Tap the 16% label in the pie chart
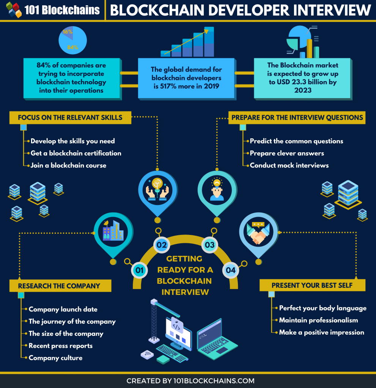[x=68, y=32]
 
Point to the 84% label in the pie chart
[x=73, y=47]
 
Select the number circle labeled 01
[x=139, y=270]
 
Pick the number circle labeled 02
[x=162, y=245]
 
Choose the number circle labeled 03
[x=209, y=245]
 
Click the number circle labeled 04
[x=231, y=270]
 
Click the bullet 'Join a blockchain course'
[x=68, y=165]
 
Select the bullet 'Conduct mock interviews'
[x=289, y=165]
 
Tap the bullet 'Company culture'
[x=55, y=358]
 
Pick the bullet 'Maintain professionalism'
[x=318, y=320]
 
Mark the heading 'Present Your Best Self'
[x=312, y=285]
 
